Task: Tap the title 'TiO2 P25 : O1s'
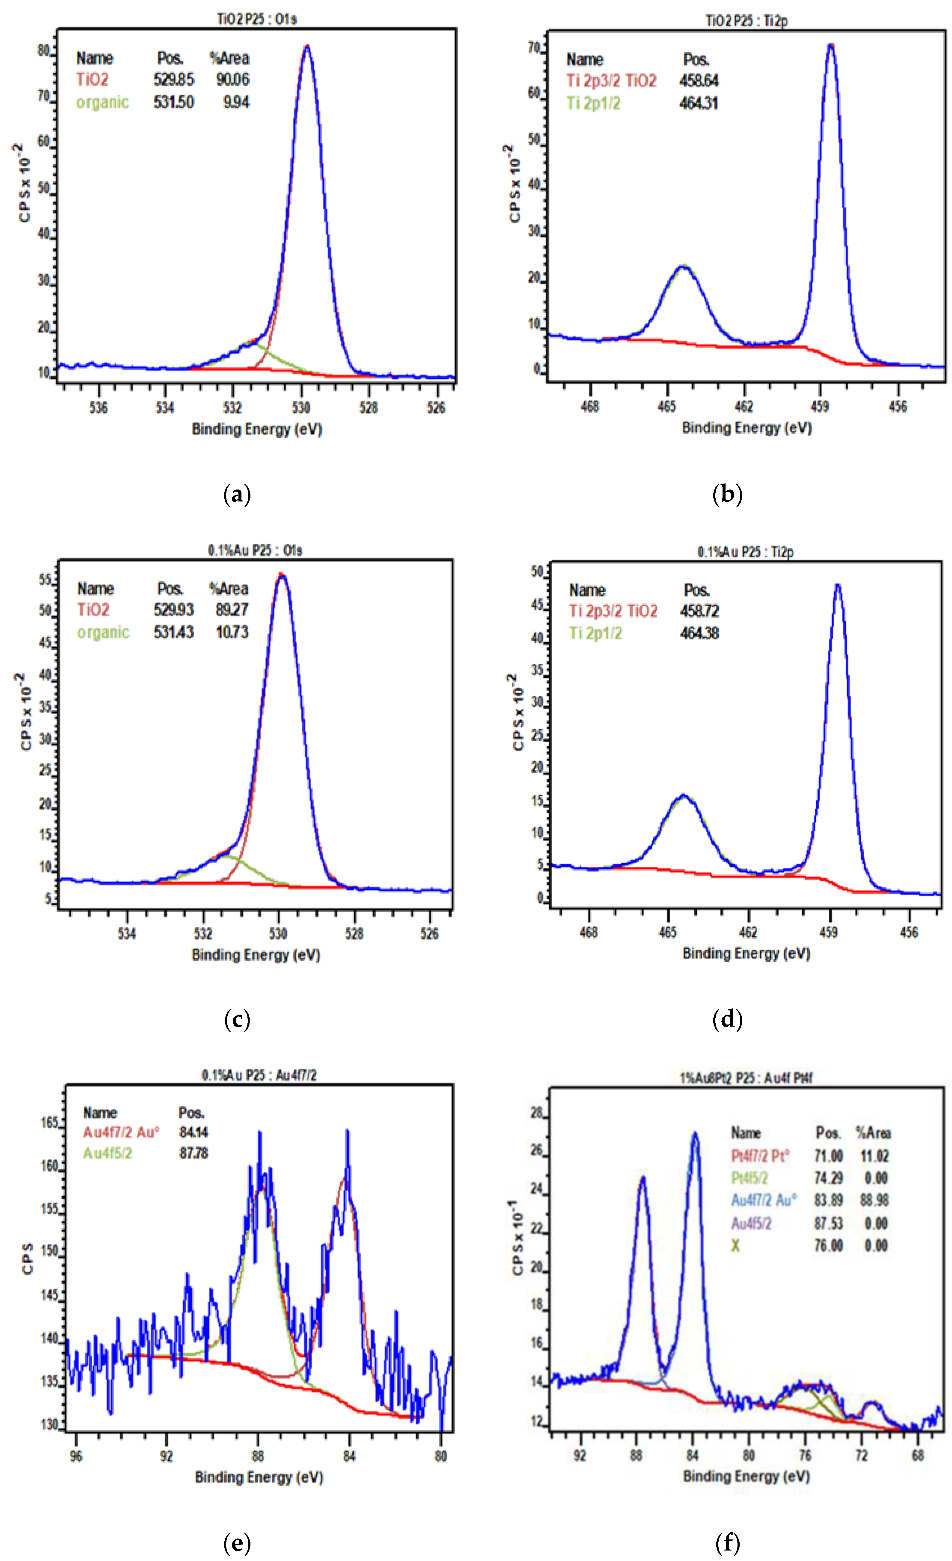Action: pyautogui.click(x=257, y=19)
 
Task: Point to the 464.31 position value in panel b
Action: pyautogui.click(x=699, y=103)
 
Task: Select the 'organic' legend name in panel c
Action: pyautogui.click(x=103, y=632)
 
